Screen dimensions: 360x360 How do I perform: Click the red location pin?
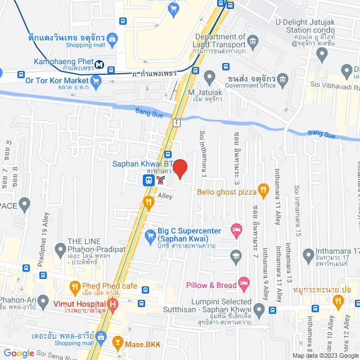coord(180,169)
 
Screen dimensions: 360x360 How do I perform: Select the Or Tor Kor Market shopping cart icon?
coord(96,82)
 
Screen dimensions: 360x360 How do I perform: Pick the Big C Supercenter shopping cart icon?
coord(150,235)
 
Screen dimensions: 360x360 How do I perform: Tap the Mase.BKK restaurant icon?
coord(118,341)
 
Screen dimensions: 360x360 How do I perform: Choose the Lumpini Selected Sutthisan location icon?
coord(259,309)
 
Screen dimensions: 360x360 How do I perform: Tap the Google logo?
coord(19,353)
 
